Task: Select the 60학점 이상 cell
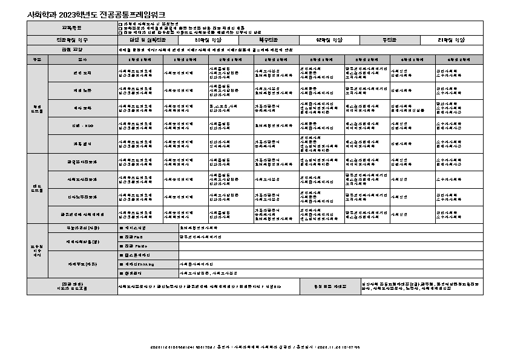pyautogui.click(x=197, y=39)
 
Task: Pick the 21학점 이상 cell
pyautogui.click(x=452, y=39)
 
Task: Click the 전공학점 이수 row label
pyautogui.click(x=72, y=39)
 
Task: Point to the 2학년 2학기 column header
pyautogui.click(x=276, y=60)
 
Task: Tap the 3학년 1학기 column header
pyautogui.click(x=321, y=60)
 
